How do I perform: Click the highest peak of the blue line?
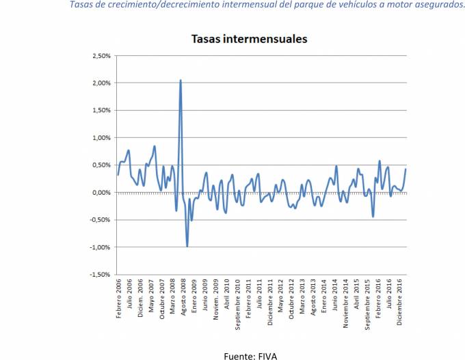click(181, 80)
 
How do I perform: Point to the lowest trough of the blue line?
click(187, 246)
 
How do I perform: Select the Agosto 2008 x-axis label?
click(183, 301)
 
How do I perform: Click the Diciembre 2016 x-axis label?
click(398, 305)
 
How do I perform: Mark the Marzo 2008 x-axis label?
click(172, 300)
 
